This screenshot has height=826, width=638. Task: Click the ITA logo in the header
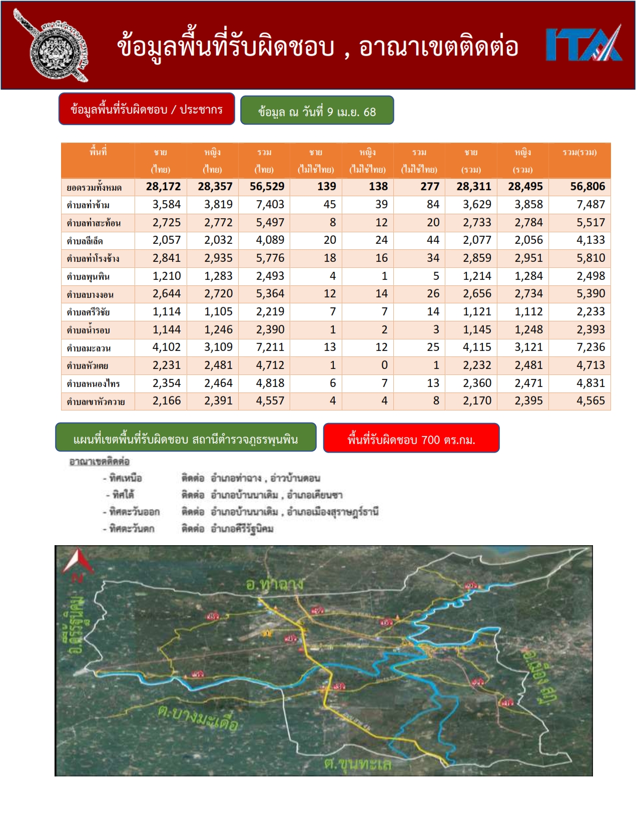584,45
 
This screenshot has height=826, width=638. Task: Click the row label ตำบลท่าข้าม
88,205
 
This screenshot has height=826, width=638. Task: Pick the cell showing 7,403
270,205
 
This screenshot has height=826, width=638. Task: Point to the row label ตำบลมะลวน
89,348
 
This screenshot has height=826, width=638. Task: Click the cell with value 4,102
166,347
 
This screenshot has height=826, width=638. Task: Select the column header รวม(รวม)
579,153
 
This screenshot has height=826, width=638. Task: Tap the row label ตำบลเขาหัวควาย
96,401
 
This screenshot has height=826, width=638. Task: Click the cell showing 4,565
590,401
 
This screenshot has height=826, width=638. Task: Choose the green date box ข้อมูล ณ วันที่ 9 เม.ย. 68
317,111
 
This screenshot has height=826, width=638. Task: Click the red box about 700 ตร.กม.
411,439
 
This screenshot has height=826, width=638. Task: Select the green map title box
186,439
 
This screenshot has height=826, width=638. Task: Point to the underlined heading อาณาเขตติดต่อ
99,462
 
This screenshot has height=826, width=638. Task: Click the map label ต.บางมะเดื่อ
197,719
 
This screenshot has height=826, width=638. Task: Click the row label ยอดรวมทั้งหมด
94,188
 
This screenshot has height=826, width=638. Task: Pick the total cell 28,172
163,187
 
